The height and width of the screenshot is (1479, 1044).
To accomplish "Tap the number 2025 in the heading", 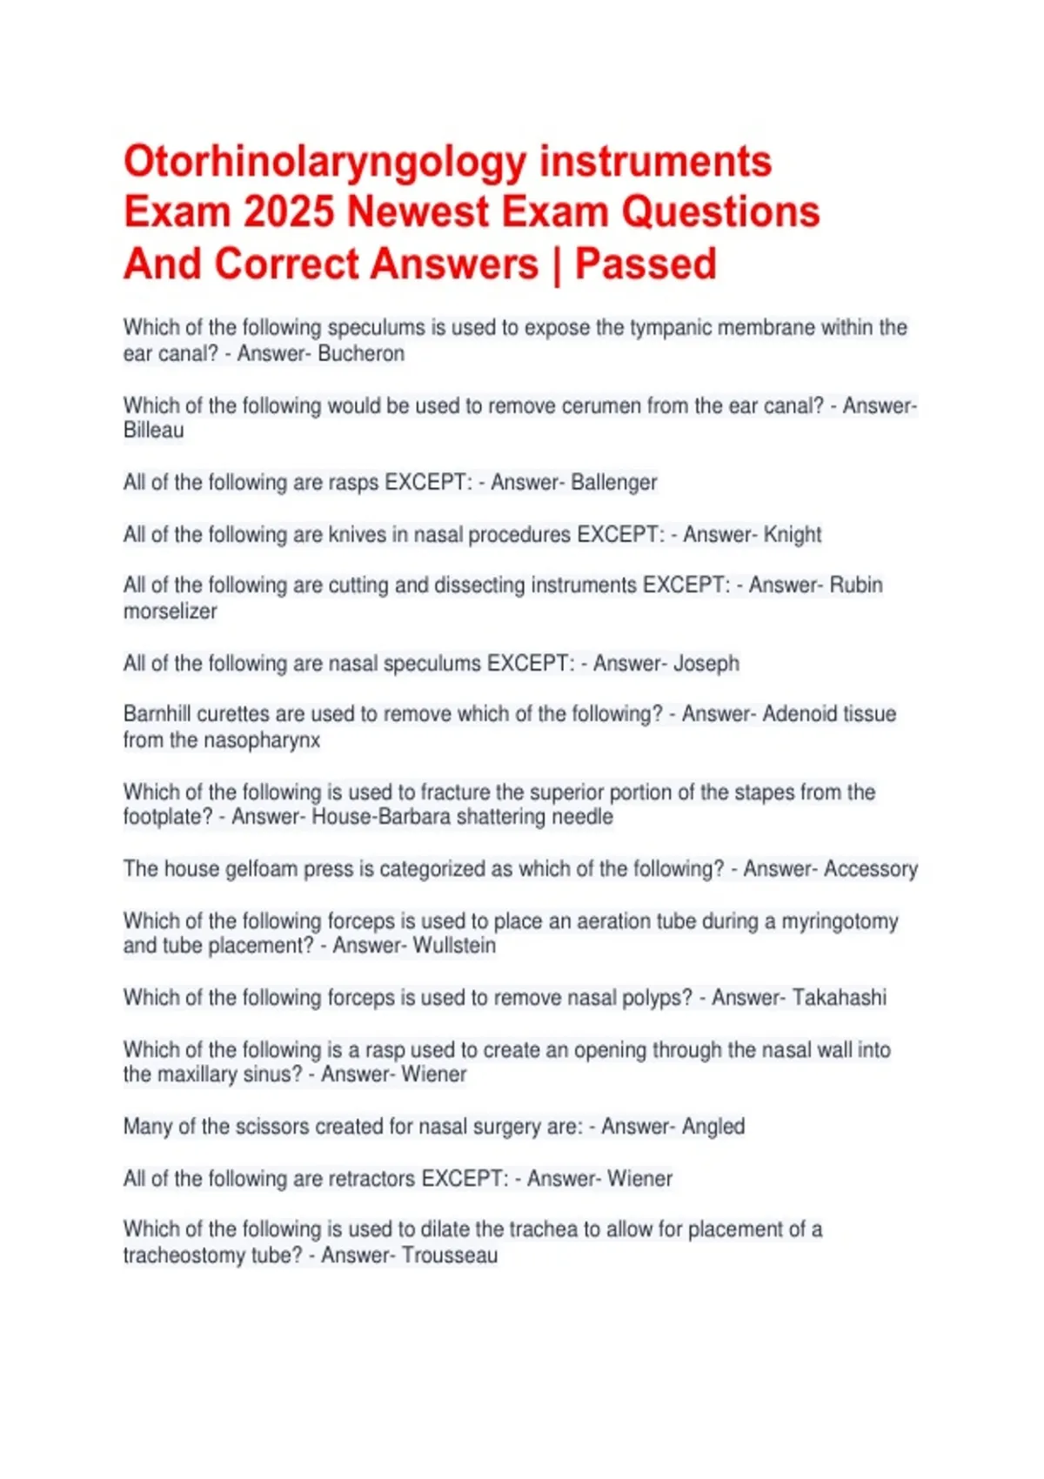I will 288,212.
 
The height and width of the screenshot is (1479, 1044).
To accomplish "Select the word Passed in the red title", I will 646,264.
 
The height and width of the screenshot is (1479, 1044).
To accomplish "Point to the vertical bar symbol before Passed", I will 556,264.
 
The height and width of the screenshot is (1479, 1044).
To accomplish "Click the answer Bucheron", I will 361,354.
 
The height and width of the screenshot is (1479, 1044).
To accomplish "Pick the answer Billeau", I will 154,431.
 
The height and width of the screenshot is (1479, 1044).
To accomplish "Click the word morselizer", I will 170,612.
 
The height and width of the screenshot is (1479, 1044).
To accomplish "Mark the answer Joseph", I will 706,664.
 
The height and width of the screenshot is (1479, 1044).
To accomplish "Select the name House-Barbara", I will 381,817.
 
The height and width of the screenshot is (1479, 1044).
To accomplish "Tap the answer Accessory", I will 870,869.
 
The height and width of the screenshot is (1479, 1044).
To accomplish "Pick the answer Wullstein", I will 454,946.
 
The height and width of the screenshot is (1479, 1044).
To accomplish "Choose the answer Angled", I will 713,1127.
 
